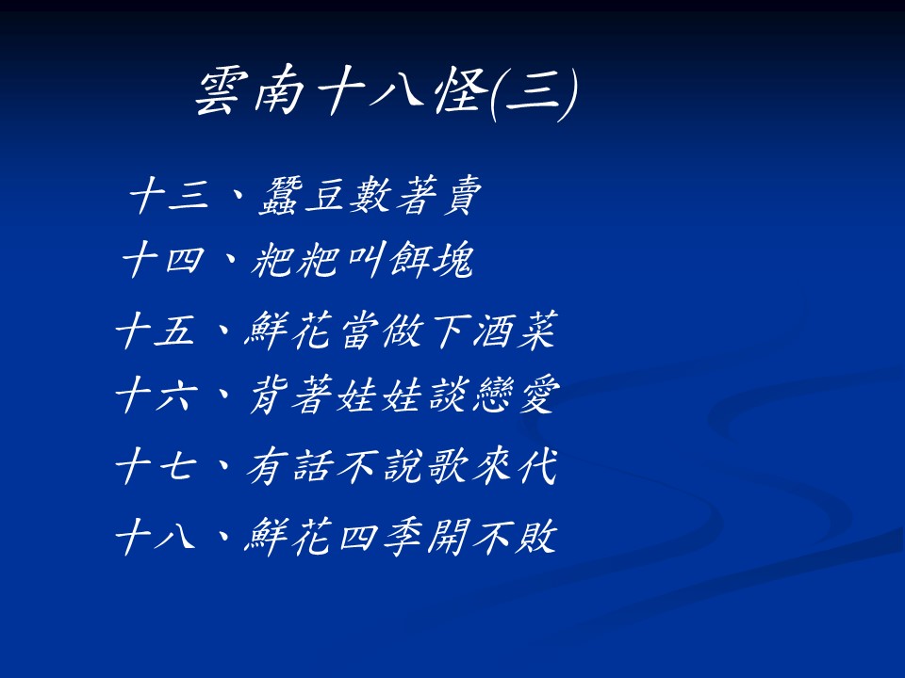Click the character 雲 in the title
tap(218, 92)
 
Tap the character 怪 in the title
tap(461, 92)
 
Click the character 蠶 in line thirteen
tap(281, 196)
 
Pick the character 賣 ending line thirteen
tap(462, 196)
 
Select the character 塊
tap(454, 260)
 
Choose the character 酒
tap(492, 330)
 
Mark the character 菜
tap(536, 330)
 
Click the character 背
tap(271, 395)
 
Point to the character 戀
tap(492, 395)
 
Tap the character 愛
tap(538, 395)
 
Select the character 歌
tap(447, 466)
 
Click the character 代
tap(538, 466)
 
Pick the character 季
tap(403, 536)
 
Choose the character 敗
tap(535, 536)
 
